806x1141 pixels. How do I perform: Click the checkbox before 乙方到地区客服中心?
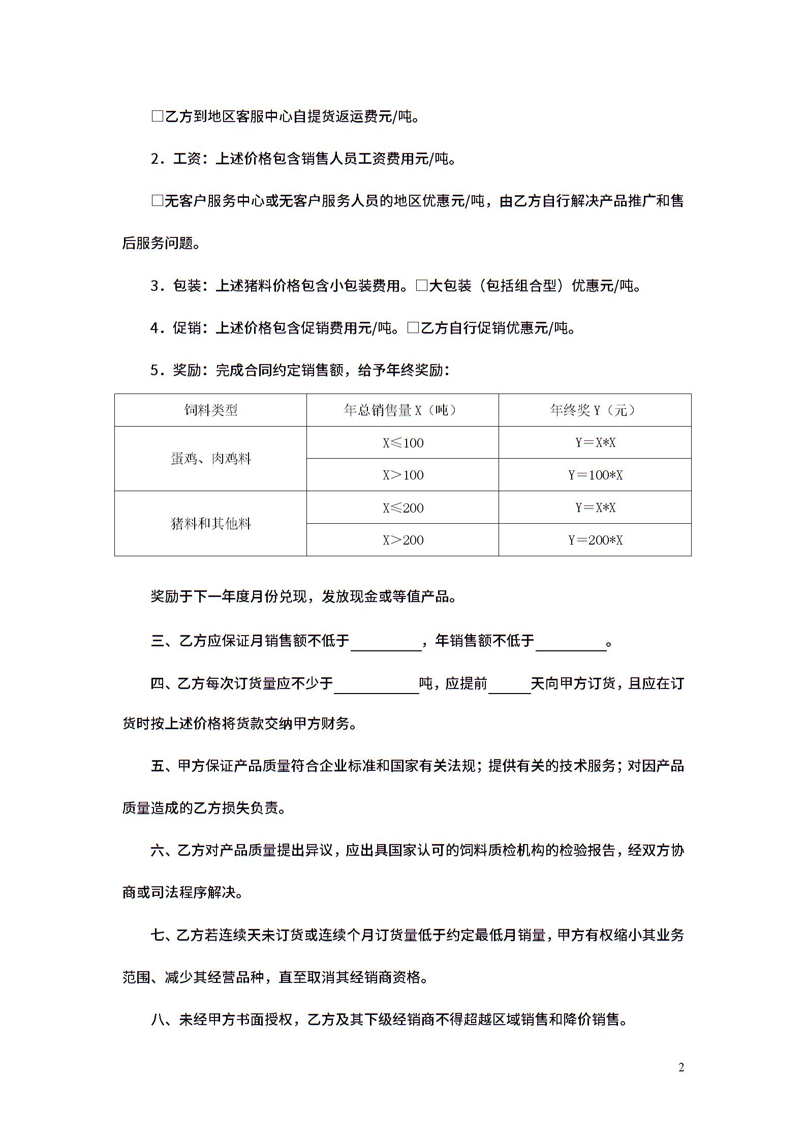pyautogui.click(x=157, y=116)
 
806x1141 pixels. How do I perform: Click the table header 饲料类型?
pyautogui.click(x=210, y=410)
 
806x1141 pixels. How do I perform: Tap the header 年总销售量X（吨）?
pyautogui.click(x=402, y=410)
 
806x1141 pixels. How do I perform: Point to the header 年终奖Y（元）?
pyautogui.click(x=595, y=410)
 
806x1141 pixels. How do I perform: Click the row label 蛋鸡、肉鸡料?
pyautogui.click(x=210, y=459)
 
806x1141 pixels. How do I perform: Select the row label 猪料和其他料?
pyautogui.click(x=210, y=523)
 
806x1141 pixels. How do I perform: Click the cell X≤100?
pyautogui.click(x=402, y=442)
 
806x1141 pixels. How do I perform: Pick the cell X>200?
pyautogui.click(x=402, y=539)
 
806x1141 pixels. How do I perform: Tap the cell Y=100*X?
pyautogui.click(x=595, y=475)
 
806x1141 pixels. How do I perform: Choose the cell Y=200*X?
pyautogui.click(x=595, y=539)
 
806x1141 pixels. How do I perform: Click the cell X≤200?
pyautogui.click(x=402, y=507)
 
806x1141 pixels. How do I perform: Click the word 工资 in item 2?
pyautogui.click(x=187, y=159)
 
